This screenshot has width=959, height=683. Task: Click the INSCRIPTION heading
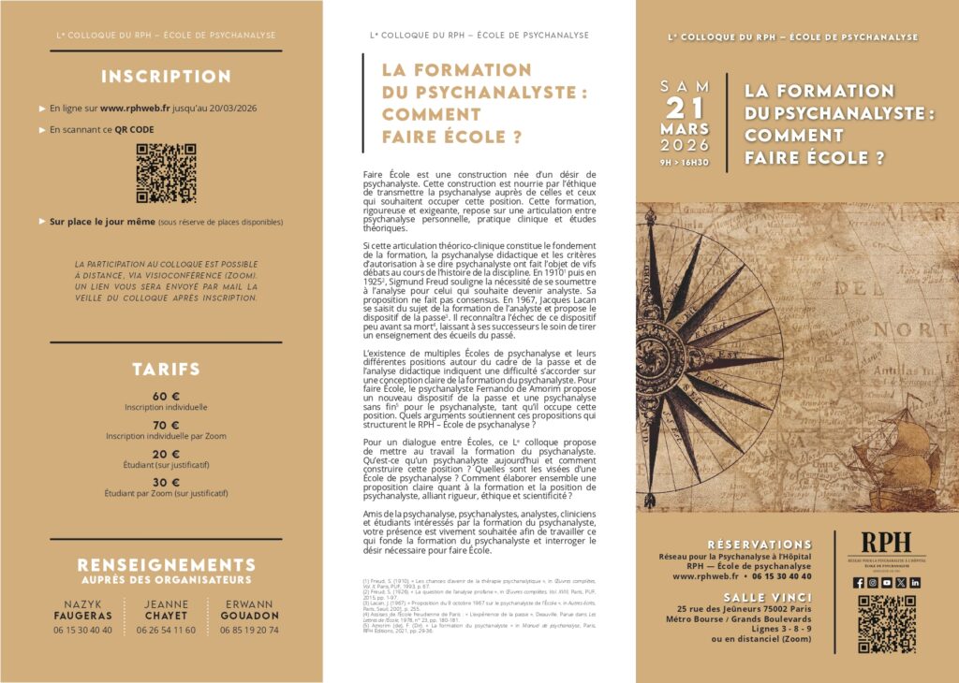(166, 77)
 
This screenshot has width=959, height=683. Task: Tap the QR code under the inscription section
(166, 173)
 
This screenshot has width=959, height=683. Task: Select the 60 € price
(166, 396)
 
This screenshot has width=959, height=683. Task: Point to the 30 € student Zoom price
(166, 482)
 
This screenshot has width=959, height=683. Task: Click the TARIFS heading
(166, 370)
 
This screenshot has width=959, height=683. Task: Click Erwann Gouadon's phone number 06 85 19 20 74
(248, 630)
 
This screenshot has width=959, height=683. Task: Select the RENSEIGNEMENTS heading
(166, 565)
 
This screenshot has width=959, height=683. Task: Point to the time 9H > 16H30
(685, 162)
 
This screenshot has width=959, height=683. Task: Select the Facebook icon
(859, 582)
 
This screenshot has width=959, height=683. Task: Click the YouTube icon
(887, 582)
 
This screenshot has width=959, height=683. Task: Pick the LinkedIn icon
(915, 582)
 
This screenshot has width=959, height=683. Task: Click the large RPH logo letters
(886, 544)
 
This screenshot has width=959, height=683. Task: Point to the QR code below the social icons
(887, 623)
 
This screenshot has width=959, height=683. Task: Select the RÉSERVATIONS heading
(760, 544)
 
